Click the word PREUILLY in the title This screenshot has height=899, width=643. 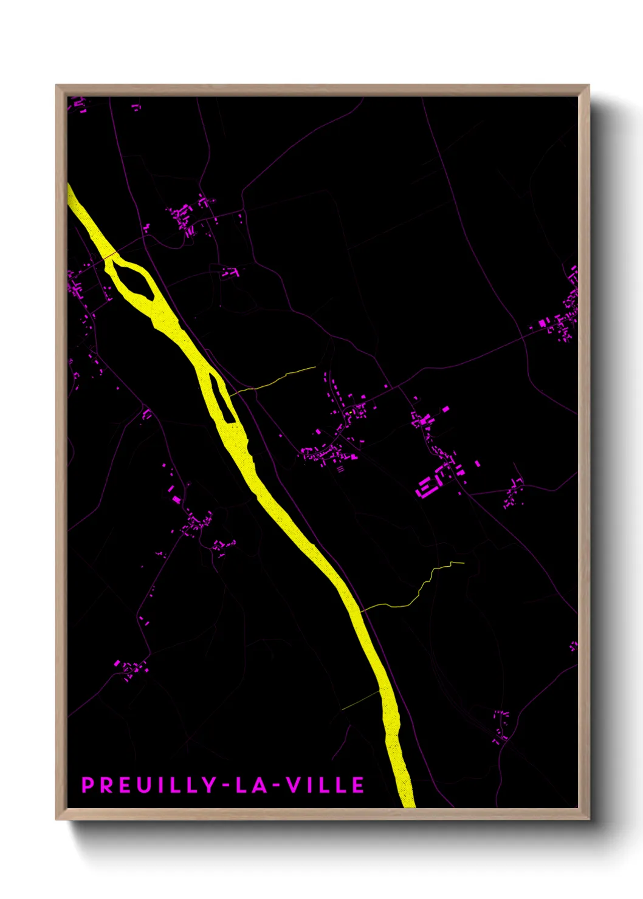coord(148,785)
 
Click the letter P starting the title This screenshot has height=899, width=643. coord(88,785)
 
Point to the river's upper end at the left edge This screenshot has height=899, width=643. coord(70,191)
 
